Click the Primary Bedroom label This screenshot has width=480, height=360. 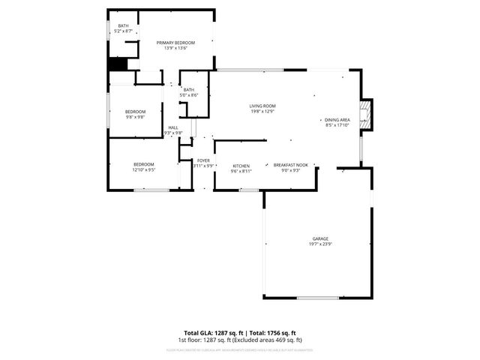(175, 43)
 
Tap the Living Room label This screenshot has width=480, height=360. (262, 106)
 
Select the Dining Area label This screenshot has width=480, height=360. (337, 120)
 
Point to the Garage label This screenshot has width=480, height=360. (320, 238)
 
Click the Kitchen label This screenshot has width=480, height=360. (241, 166)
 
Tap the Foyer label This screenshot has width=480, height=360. (203, 160)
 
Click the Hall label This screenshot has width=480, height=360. (173, 128)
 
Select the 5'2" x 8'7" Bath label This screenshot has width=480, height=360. (123, 26)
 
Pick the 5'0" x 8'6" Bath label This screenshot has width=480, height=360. (188, 90)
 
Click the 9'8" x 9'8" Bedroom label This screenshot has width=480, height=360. (135, 112)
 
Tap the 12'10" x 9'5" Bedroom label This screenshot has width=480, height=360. (144, 164)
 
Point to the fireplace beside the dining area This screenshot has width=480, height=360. (365, 114)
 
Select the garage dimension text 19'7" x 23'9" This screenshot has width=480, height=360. (320, 244)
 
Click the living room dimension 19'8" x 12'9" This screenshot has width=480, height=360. (262, 111)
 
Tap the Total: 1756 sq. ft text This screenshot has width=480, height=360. (272, 333)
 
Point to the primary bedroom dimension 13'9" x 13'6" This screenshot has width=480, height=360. (175, 48)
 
